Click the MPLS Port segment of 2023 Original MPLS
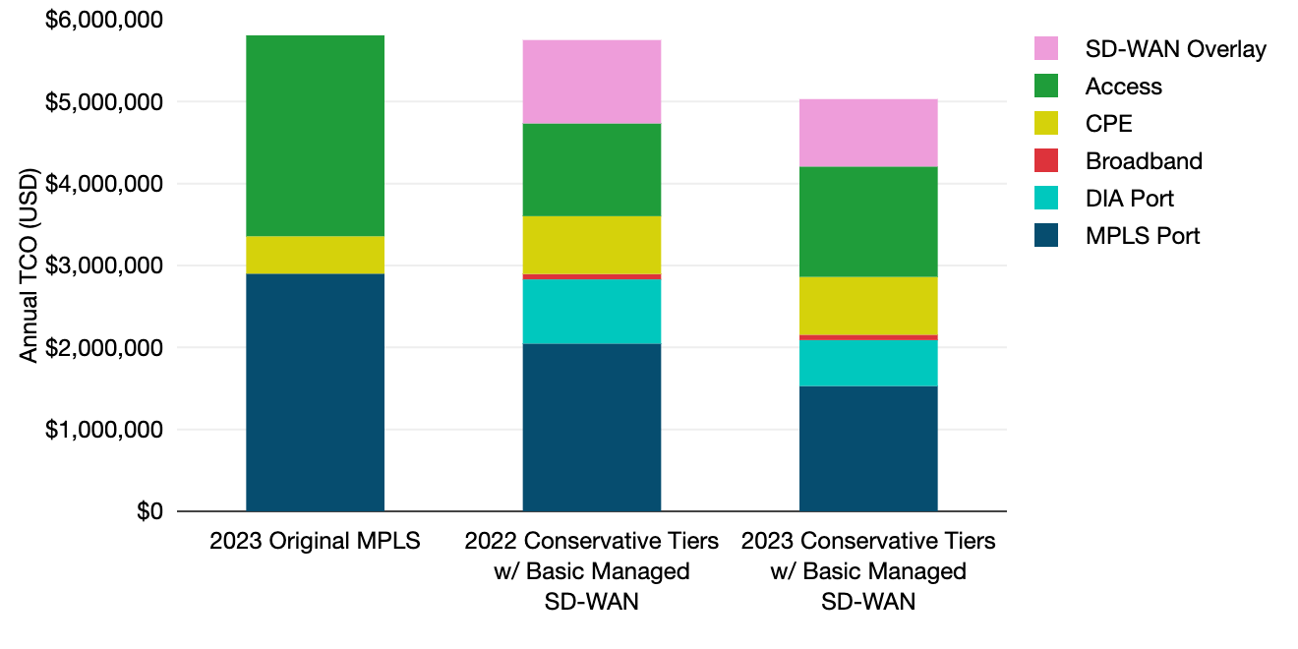point(315,392)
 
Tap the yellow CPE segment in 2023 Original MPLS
point(315,255)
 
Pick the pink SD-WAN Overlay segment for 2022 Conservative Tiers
point(591,82)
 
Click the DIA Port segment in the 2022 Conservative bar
point(591,312)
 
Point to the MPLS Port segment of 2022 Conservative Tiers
point(591,428)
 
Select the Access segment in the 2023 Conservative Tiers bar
point(867,221)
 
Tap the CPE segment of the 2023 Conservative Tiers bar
point(867,306)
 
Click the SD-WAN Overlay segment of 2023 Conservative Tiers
point(867,133)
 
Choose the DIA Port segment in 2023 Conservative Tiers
point(867,363)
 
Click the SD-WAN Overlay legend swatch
point(1046,49)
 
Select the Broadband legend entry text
point(1144,161)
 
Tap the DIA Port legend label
point(1129,199)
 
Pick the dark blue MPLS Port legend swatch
point(1046,236)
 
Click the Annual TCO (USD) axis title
point(29,265)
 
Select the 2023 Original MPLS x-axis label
point(315,541)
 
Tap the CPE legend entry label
point(1108,124)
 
